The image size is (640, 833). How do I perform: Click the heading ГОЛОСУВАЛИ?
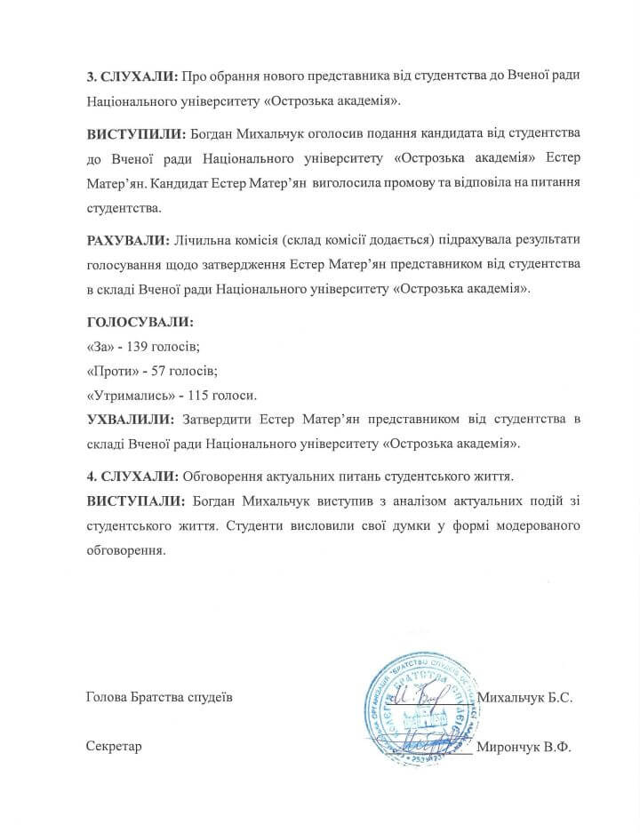[139, 321]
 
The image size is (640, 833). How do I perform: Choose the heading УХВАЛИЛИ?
[131, 419]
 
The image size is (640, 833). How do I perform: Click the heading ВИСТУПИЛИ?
[134, 133]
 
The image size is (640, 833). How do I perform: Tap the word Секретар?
[115, 745]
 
